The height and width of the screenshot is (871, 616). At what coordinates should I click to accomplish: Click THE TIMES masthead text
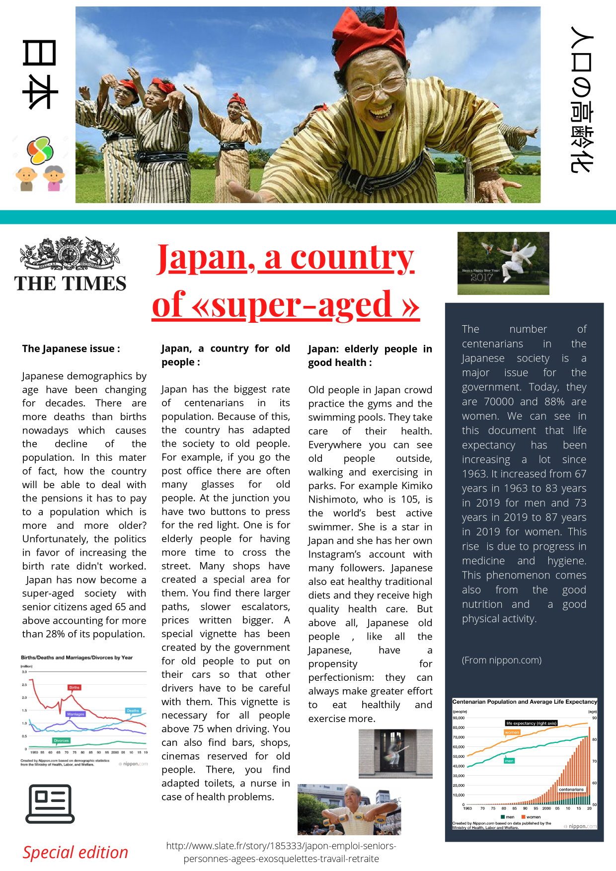pos(70,284)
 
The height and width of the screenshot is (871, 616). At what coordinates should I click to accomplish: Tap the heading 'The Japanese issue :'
pos(71,349)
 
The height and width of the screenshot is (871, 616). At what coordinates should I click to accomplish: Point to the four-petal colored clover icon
pos(40,150)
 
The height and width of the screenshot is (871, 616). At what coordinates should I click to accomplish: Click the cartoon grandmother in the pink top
pos(54,178)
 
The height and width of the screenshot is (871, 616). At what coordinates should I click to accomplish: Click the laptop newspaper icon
pos(50,804)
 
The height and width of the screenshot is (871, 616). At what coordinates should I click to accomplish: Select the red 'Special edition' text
pos(76,852)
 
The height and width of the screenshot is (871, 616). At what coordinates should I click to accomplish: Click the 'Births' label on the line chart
pos(74,688)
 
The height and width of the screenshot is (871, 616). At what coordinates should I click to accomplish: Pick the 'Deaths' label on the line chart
pos(133,711)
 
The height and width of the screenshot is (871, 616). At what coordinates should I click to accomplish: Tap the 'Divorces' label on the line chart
pos(61,740)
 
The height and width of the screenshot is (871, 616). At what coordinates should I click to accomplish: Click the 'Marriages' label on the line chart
pos(76,714)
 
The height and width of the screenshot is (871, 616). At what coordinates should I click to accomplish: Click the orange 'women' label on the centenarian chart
pos(512,732)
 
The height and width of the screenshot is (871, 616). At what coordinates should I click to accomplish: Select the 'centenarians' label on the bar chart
pos(571,789)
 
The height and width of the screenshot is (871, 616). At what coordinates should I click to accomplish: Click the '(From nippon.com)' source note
pos(502,660)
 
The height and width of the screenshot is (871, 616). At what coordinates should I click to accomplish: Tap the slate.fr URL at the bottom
pos(281,852)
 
